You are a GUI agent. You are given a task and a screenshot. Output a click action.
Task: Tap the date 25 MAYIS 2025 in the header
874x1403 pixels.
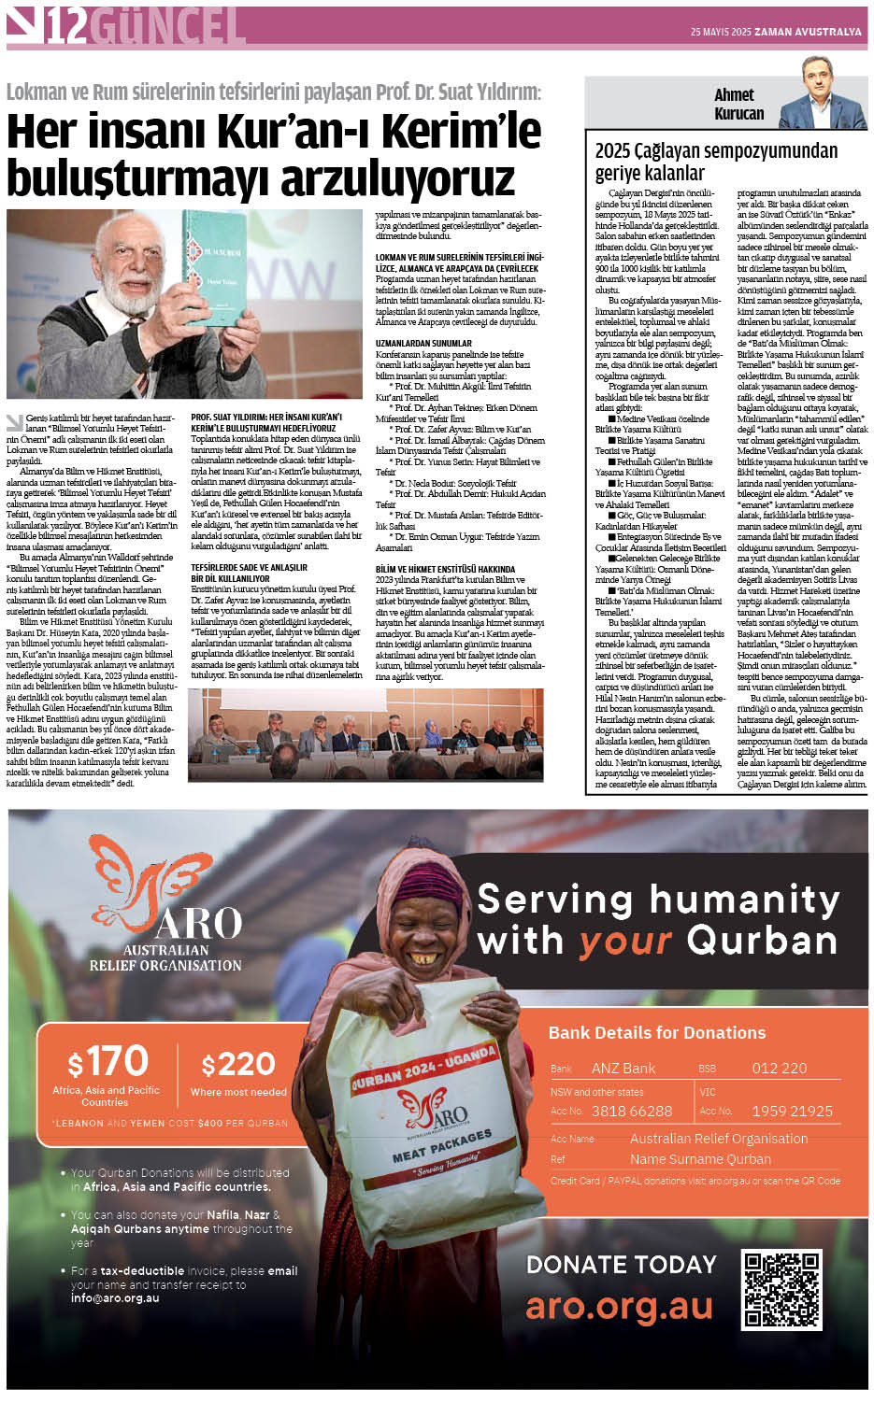pos(721,32)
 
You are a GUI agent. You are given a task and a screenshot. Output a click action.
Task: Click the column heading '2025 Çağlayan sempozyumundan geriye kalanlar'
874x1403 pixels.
pos(715,162)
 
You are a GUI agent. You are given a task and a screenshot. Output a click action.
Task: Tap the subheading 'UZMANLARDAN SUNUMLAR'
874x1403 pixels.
pos(423,343)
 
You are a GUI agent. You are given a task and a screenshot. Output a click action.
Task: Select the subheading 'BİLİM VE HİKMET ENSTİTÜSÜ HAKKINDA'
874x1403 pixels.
pos(444,569)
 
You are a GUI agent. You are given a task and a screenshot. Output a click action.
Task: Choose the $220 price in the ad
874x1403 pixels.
pos(238,1064)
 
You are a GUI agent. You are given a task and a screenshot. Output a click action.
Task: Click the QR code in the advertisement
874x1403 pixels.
pos(781,1290)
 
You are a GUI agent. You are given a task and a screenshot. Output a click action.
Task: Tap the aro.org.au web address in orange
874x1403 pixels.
pos(619,1306)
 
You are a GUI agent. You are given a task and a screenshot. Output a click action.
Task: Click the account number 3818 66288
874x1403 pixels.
pos(631,1111)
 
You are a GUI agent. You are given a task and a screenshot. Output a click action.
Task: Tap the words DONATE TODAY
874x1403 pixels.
pos(621,1264)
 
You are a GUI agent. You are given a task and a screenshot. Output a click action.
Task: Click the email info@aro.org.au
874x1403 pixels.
pos(114,1297)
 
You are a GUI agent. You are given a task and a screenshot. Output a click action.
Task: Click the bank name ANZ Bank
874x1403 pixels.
pos(623,1068)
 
